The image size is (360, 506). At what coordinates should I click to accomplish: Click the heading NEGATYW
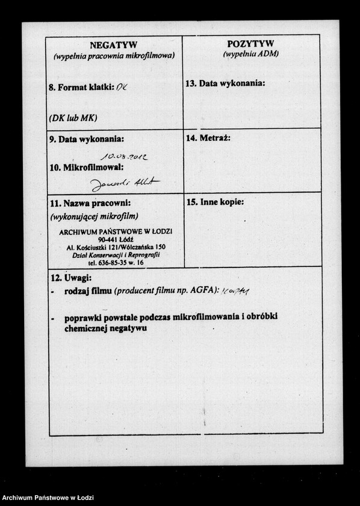click(114, 45)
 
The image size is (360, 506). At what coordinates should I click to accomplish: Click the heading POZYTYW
click(250, 43)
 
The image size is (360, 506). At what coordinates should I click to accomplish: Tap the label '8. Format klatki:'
click(82, 87)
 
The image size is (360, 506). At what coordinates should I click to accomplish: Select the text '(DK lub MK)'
click(73, 117)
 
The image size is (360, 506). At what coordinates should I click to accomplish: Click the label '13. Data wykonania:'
click(225, 83)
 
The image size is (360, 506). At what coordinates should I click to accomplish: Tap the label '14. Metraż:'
click(208, 138)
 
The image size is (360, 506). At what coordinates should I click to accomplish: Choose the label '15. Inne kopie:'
click(215, 202)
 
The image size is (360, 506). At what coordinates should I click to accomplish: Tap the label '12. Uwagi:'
click(70, 278)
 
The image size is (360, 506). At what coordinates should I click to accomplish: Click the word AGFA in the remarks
click(202, 291)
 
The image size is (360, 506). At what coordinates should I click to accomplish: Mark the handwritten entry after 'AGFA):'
click(235, 292)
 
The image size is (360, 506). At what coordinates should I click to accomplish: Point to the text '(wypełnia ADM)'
click(250, 54)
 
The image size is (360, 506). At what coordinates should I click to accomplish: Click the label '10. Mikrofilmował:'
click(86, 166)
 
